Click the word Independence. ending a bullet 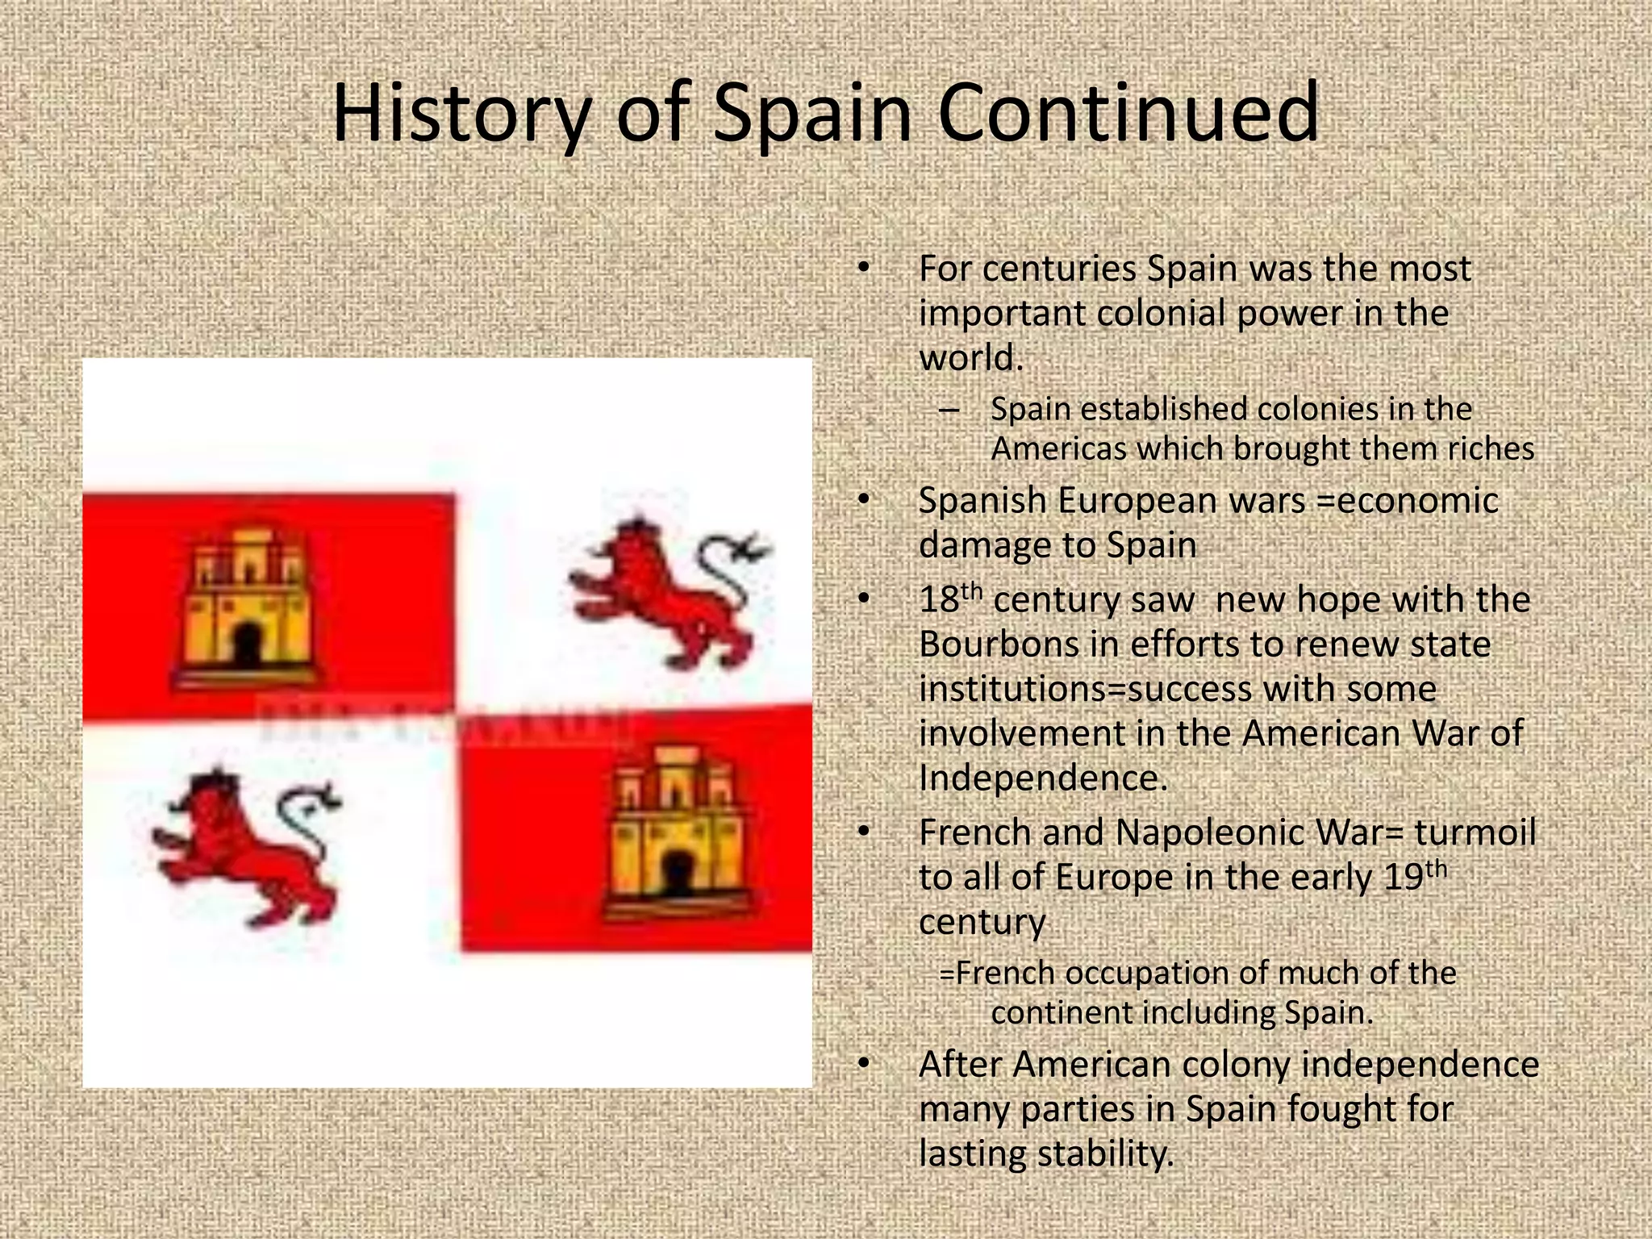pyautogui.click(x=1043, y=778)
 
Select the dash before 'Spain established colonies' pyautogui.click(x=949, y=410)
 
